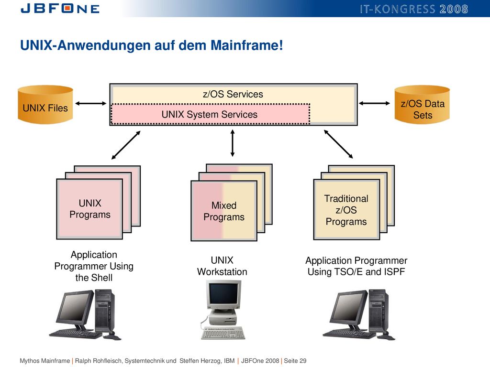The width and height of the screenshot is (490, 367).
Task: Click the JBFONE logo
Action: pyautogui.click(x=60, y=9)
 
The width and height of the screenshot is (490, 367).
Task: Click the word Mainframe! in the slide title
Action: pyautogui.click(x=247, y=45)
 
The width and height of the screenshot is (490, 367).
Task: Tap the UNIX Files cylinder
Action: pyautogui.click(x=45, y=105)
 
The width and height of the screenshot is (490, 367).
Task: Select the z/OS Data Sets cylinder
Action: pyautogui.click(x=422, y=105)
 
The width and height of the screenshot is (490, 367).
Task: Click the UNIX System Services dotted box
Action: pyautogui.click(x=210, y=114)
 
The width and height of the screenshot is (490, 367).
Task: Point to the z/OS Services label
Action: pyautogui.click(x=233, y=94)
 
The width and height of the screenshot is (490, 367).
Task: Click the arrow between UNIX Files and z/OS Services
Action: pyautogui.click(x=91, y=103)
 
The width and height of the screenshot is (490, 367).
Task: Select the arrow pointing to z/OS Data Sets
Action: pyautogui.click(x=374, y=103)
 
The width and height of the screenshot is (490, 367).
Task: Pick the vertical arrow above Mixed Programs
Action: pyautogui.click(x=232, y=143)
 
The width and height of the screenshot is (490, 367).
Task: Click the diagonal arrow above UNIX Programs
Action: pyautogui.click(x=126, y=145)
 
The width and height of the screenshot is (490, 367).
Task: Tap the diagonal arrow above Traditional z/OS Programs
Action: pyautogui.click(x=338, y=144)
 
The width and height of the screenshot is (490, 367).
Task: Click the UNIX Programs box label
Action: pyautogui.click(x=90, y=209)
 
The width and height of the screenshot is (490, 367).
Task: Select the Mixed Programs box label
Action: pyautogui.click(x=224, y=211)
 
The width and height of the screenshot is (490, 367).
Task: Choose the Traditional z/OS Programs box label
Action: pyautogui.click(x=346, y=210)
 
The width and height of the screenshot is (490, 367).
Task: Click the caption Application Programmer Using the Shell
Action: pyautogui.click(x=94, y=266)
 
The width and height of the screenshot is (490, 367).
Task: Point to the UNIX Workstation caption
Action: pyautogui.click(x=222, y=266)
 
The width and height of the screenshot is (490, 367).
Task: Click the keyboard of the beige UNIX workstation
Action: pyautogui.click(x=223, y=333)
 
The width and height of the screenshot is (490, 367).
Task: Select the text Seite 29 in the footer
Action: pyautogui.click(x=295, y=361)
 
